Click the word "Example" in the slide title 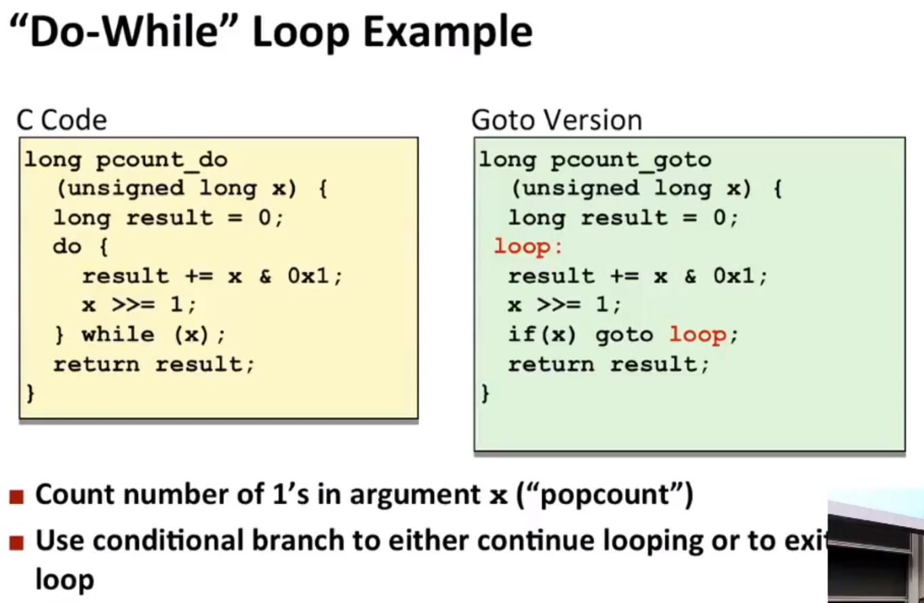coord(448,34)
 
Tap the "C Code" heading coord(62,120)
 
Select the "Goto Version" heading coord(557,120)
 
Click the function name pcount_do coord(162,160)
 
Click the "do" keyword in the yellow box coord(67,246)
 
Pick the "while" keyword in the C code coord(118,334)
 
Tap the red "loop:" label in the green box coord(528,246)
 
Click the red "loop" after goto coord(698,335)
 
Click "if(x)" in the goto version coord(542,334)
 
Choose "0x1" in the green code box coord(734,275)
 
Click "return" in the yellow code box coord(96,364)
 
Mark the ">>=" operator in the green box coord(558,305)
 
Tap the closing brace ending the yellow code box coord(31,393)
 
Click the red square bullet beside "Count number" coord(16,497)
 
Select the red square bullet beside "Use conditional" coord(16,543)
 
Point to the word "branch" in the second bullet coord(298,540)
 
